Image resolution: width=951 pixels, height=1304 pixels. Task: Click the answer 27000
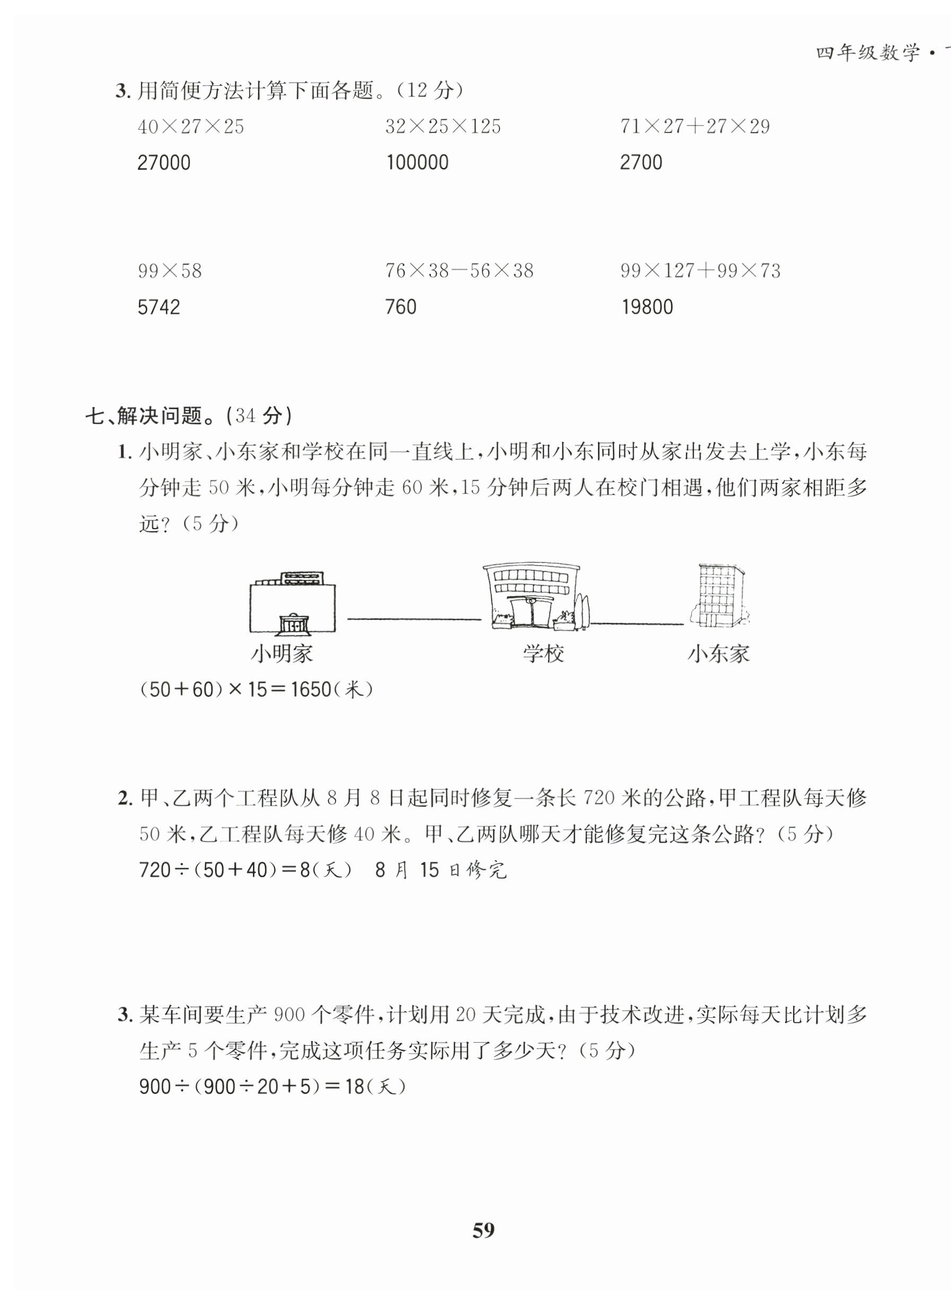[x=163, y=163]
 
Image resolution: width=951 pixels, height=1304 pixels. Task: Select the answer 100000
[x=417, y=163]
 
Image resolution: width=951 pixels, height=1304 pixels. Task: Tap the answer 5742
[x=158, y=307]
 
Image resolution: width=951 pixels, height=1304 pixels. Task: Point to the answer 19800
[x=647, y=307]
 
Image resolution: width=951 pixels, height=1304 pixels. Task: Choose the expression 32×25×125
[x=443, y=127]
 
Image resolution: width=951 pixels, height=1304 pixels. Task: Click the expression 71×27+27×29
[x=694, y=127]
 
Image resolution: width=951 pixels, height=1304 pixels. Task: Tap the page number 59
[x=483, y=1230]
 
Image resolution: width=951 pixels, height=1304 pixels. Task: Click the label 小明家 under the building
[x=282, y=654]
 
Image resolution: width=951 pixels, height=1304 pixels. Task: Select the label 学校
[x=543, y=654]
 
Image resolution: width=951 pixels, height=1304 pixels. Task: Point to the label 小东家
[x=718, y=654]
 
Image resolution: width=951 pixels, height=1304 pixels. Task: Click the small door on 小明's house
[x=293, y=624]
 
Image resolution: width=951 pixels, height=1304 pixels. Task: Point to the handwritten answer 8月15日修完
[x=441, y=870]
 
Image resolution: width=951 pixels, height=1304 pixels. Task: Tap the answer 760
[x=401, y=307]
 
